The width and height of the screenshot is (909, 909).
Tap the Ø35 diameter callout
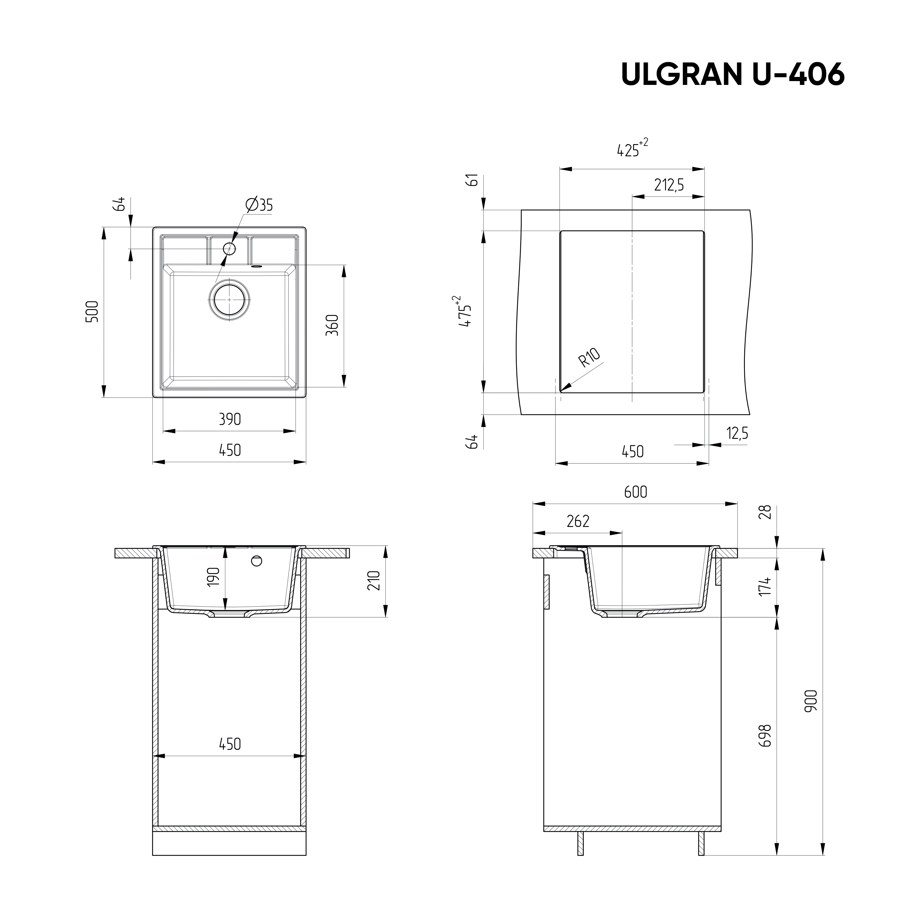coord(259,205)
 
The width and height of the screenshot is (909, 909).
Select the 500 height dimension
coord(93,311)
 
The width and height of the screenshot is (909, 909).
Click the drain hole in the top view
coord(229,300)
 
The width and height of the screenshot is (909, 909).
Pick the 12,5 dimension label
coord(737,433)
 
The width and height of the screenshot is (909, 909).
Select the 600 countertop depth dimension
coord(636,492)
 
